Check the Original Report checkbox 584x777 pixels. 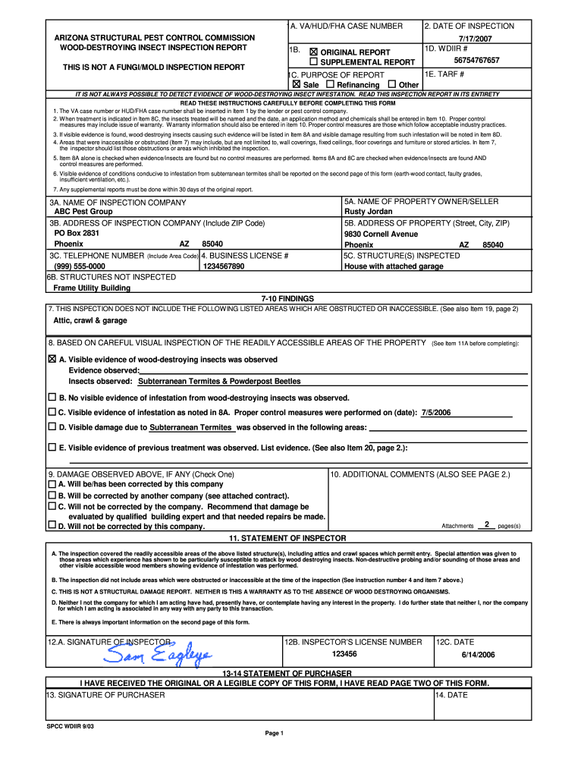click(x=314, y=52)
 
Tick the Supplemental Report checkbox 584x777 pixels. click(x=314, y=62)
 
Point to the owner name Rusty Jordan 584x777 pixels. click(x=369, y=212)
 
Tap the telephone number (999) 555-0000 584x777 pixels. click(x=80, y=266)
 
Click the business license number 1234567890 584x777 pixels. click(x=224, y=266)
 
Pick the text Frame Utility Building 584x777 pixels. click(x=92, y=288)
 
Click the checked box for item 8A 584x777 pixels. click(x=52, y=359)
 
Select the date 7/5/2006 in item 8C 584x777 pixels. click(x=436, y=412)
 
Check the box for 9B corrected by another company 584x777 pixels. click(x=52, y=495)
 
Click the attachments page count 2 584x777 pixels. click(x=486, y=524)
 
